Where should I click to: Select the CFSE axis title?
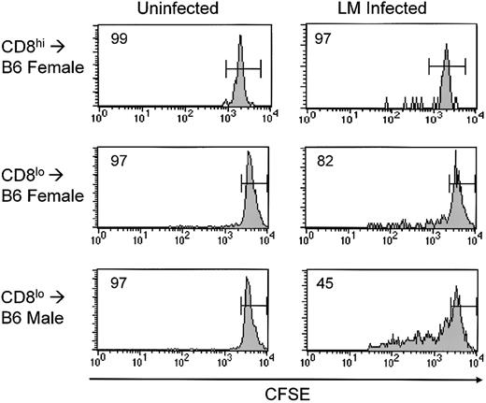tap(290, 394)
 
